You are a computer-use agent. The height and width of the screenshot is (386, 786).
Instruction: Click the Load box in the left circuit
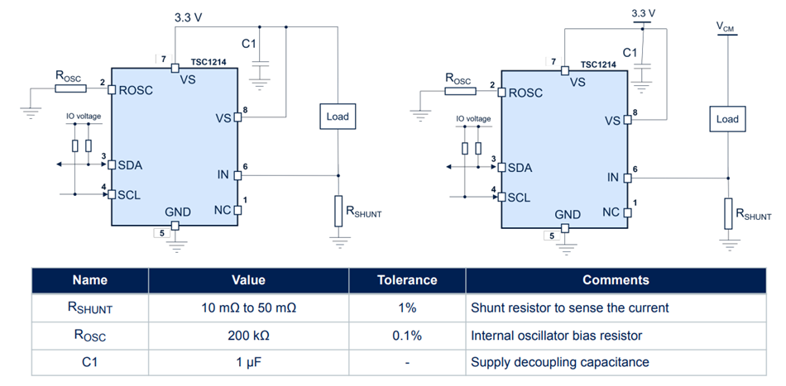point(338,117)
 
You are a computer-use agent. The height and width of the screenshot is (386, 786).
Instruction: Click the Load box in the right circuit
point(726,119)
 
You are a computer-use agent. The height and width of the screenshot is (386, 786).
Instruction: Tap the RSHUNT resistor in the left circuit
point(338,212)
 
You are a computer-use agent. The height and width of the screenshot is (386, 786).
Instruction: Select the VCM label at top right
point(725,26)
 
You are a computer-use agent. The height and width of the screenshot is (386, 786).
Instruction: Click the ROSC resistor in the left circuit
point(68,88)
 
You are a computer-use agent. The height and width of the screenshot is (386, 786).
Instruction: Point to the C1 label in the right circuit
point(630,52)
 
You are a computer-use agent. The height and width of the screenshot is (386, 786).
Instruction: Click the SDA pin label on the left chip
point(130,164)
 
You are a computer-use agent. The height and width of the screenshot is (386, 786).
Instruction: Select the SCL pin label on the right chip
point(519,197)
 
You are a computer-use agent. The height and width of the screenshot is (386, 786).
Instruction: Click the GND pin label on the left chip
point(177,212)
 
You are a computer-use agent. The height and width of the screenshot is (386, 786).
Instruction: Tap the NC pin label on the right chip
point(611,212)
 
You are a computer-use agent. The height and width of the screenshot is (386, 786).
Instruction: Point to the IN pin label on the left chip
point(223,174)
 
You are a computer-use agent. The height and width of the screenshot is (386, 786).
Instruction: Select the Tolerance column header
point(406,280)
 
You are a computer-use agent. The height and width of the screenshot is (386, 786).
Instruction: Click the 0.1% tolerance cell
point(406,336)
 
